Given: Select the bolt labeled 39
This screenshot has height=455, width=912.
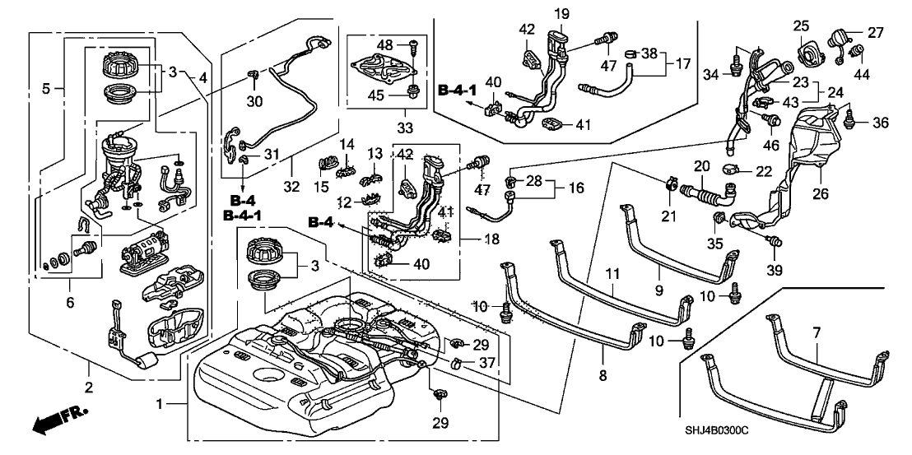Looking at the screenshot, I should point(773,241).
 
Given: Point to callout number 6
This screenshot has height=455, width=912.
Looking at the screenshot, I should point(70,303).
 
